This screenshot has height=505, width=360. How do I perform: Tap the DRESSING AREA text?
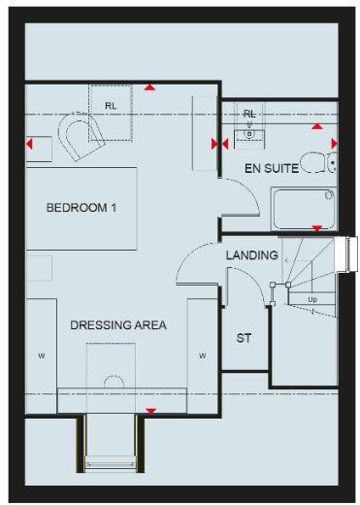point(118,325)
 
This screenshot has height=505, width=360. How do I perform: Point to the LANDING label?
point(252,255)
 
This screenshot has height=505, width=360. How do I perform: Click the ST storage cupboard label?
point(245,339)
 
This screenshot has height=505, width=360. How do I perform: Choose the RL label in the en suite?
point(249,114)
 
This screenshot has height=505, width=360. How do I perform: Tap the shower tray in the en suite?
point(302,207)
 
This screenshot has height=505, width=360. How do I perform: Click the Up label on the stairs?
point(311,299)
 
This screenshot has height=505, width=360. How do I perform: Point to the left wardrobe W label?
point(42,356)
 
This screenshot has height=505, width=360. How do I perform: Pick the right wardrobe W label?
point(203,356)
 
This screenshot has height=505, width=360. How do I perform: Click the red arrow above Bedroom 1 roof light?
point(148,87)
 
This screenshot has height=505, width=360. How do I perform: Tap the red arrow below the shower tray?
point(316,228)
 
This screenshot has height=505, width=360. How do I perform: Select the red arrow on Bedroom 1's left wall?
point(29,145)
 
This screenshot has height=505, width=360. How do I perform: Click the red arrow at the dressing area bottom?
point(149,411)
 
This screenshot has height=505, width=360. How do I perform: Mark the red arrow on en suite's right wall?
point(334,145)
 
